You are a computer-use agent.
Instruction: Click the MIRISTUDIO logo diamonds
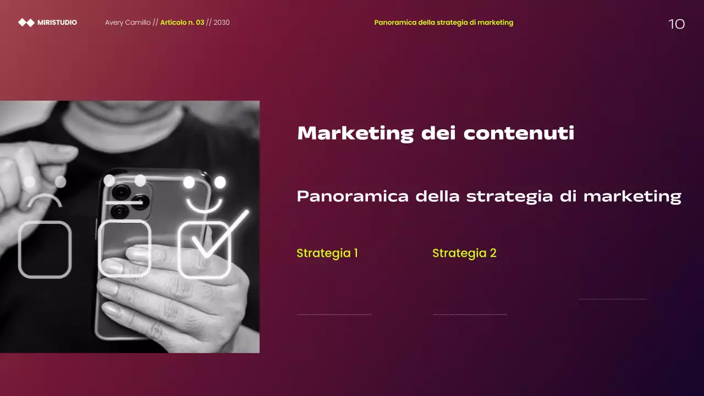(x=26, y=23)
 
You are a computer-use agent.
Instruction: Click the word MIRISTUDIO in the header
(x=57, y=23)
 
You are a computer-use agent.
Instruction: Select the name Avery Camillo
(x=128, y=23)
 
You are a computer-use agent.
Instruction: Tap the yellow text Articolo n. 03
(x=182, y=23)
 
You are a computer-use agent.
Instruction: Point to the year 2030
(x=222, y=23)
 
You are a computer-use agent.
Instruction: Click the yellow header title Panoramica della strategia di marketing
(x=443, y=23)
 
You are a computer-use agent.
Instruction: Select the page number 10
(x=676, y=24)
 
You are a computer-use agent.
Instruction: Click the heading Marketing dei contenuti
(x=436, y=133)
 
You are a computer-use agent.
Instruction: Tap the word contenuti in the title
(x=519, y=133)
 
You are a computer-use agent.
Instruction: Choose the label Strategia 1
(x=327, y=253)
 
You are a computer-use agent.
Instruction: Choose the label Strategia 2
(x=464, y=253)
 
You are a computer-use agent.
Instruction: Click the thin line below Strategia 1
(x=334, y=315)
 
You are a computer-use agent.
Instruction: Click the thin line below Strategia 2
(x=470, y=315)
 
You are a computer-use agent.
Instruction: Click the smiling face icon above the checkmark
(x=205, y=194)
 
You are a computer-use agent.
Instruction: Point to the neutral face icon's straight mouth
(x=124, y=202)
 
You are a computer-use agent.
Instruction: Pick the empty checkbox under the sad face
(x=45, y=249)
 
